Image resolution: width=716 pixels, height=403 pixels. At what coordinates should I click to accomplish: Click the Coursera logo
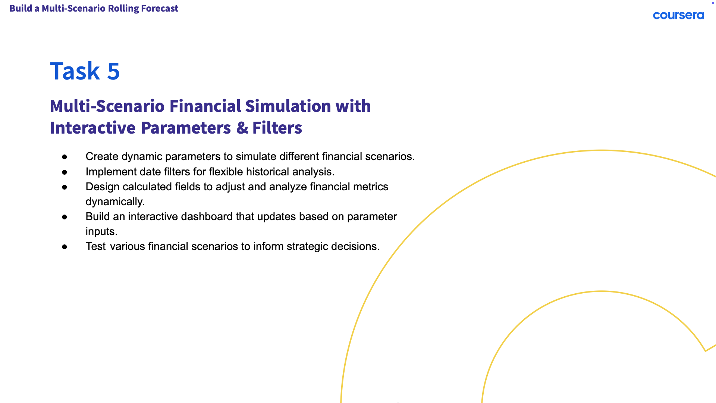(x=678, y=15)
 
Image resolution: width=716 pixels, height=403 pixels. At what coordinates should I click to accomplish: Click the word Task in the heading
(x=75, y=71)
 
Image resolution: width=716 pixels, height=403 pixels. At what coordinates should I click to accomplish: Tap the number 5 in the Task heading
(x=113, y=71)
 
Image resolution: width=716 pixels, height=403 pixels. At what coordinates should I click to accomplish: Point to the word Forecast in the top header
(x=160, y=8)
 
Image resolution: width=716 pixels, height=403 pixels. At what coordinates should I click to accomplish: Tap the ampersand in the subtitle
(x=242, y=128)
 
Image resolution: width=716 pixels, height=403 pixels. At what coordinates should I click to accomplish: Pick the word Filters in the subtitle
(x=277, y=128)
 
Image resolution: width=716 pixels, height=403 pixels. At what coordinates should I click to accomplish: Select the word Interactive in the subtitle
(x=93, y=128)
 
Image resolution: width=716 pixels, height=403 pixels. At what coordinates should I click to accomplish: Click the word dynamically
(x=115, y=201)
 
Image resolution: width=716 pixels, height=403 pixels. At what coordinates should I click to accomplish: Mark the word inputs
(x=101, y=232)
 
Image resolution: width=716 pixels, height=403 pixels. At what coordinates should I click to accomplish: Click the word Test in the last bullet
(x=96, y=246)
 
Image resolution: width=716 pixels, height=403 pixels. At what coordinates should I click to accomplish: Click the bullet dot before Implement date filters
(x=65, y=172)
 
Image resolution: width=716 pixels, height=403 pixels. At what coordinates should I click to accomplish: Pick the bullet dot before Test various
(x=65, y=247)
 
